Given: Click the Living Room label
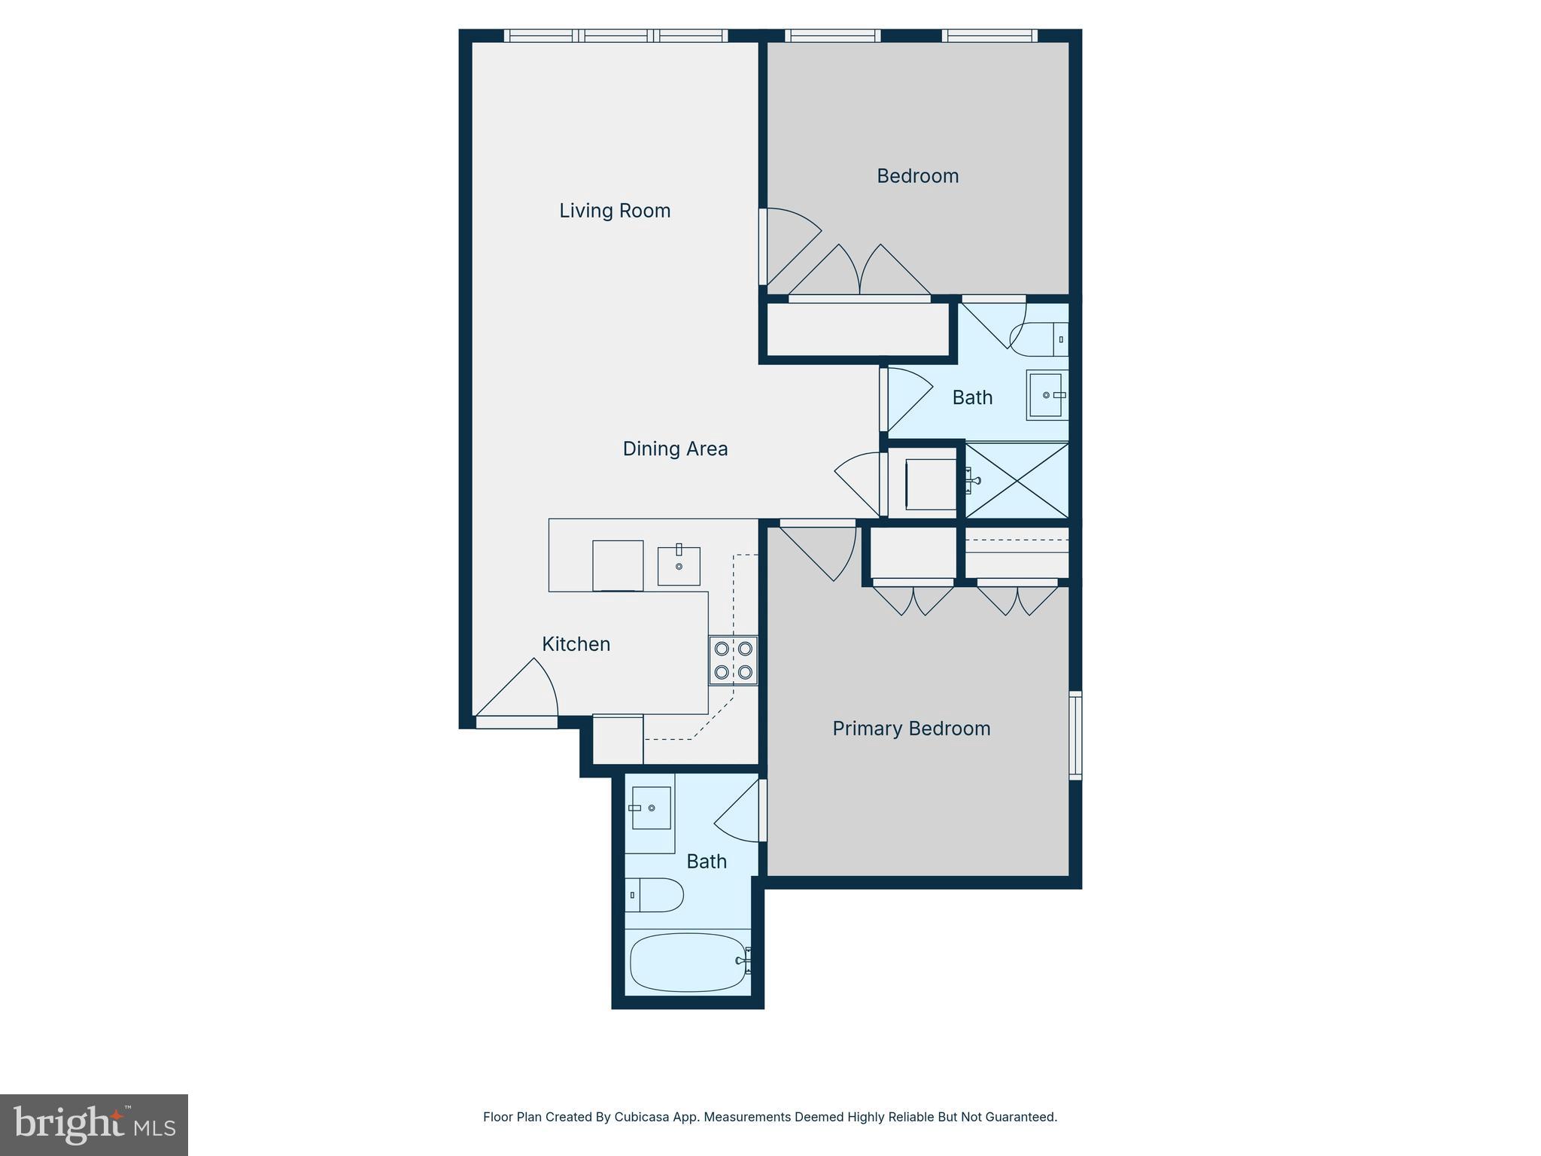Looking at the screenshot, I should coord(615,211).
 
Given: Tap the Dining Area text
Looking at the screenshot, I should coord(675,449).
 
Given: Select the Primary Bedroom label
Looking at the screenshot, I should coord(911,729).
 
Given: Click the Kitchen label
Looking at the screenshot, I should coord(576,644).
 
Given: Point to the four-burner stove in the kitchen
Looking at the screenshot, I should coord(734,660).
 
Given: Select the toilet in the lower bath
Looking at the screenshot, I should coord(653,895).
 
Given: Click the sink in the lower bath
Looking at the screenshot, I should coord(651,808).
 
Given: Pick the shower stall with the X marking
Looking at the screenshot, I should coord(1017,480).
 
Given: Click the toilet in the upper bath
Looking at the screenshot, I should coord(1039,339).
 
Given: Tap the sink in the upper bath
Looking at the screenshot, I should coord(1046,394).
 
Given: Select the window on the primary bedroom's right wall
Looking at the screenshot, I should coord(1075,735).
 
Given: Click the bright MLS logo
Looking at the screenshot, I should coord(94,1124).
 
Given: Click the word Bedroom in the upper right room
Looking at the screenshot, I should coord(917,176).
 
